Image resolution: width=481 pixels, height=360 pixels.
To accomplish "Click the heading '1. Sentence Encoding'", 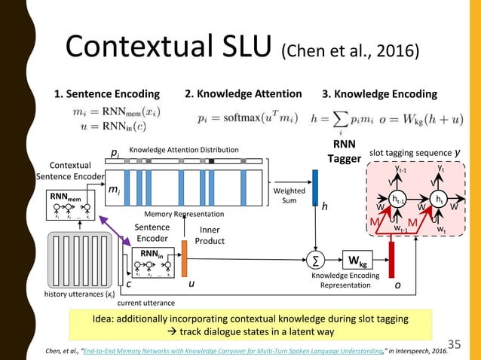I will (x=106, y=94).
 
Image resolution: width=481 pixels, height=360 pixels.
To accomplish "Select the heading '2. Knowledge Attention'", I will (x=243, y=94).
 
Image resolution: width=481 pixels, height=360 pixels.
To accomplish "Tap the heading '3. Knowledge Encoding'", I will (x=379, y=94).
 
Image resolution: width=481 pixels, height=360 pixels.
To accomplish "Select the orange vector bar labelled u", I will (x=185, y=261).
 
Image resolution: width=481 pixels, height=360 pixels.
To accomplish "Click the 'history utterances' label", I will (x=78, y=293).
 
